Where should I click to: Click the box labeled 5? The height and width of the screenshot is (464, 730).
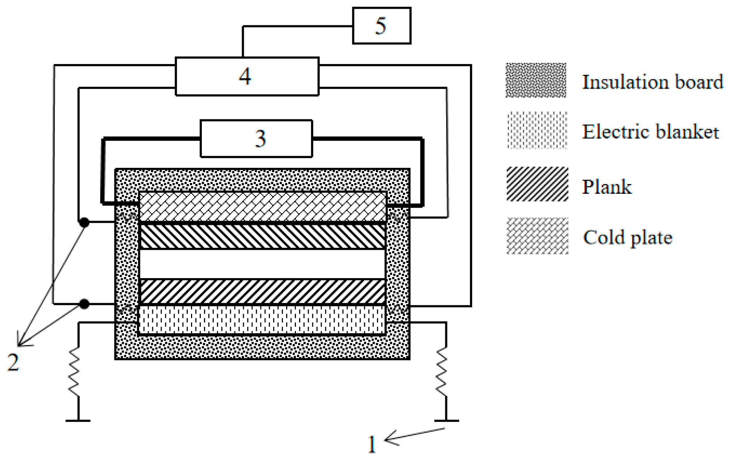pos(381,26)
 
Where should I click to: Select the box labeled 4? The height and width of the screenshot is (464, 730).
pos(247,76)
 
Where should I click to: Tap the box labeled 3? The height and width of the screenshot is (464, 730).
pos(256,139)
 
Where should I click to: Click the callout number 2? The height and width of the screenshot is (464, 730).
pos(13,362)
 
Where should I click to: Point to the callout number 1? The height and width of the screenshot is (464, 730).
pos(372,444)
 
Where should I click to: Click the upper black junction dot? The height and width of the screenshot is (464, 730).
pos(84,222)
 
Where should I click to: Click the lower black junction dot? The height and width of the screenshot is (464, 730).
pos(84,304)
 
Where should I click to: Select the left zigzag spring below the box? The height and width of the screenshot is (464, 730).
pos(74,372)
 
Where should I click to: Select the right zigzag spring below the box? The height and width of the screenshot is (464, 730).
pos(442,372)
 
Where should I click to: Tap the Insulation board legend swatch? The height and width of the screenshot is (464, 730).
pos(536,80)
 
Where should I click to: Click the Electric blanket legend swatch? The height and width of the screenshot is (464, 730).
pos(537,131)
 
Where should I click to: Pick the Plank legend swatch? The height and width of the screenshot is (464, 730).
pos(537,184)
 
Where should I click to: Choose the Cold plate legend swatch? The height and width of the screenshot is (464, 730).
pos(537,236)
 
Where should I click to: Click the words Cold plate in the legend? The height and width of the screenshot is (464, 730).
pos(627,238)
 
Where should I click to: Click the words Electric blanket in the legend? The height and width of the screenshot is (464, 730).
pos(650,132)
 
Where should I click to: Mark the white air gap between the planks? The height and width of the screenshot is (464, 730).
pos(262,264)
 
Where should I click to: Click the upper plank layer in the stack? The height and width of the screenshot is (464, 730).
pos(262,237)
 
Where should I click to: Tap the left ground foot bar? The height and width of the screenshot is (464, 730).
pos(78,421)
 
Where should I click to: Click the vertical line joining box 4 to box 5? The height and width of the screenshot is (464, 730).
pos(243,42)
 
